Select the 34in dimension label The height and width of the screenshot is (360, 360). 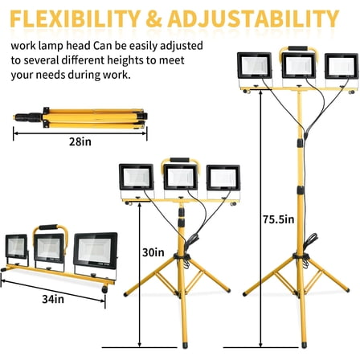click(54, 298)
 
